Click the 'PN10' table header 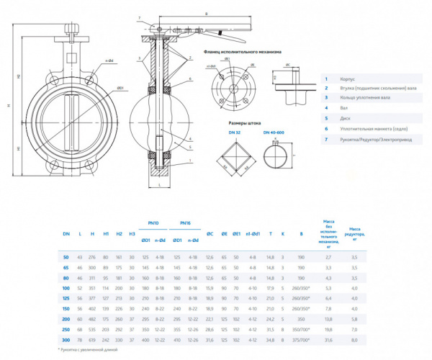coord(153,222)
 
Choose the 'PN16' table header coord(185,222)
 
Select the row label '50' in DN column coord(66,256)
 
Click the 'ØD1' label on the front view coord(120,88)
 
